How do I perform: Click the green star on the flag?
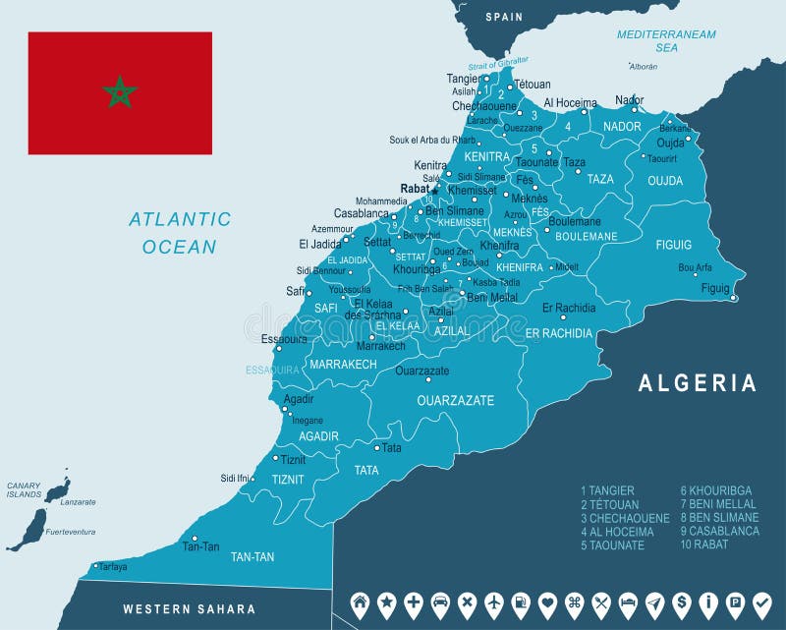(120, 93)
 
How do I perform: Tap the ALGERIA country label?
(698, 383)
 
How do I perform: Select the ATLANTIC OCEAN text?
(180, 233)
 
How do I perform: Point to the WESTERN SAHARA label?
(189, 609)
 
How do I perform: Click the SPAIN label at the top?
(504, 17)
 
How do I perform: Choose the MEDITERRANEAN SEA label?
(666, 40)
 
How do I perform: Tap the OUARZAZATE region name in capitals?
(455, 401)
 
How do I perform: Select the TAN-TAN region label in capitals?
(253, 557)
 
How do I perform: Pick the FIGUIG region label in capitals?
(674, 245)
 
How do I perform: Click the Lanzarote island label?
(79, 501)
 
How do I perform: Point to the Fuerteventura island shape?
(27, 531)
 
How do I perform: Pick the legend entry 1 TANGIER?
(608, 490)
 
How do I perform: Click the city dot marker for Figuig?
(734, 298)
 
